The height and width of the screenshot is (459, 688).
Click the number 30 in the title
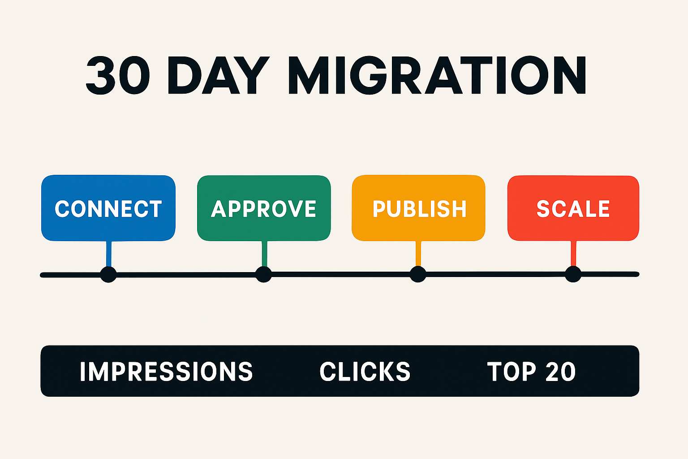tap(117, 75)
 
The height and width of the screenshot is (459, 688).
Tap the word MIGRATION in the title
tap(437, 75)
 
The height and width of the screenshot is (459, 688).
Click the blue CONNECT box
tap(108, 208)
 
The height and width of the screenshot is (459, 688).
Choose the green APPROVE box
tap(264, 208)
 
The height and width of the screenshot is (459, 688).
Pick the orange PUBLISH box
tap(419, 208)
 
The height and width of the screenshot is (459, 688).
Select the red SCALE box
tap(573, 208)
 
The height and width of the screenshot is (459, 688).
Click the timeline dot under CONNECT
tap(108, 274)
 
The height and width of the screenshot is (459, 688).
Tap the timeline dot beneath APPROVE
tap(263, 274)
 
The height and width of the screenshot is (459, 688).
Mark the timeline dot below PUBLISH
tap(418, 274)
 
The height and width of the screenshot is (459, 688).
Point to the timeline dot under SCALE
tap(573, 274)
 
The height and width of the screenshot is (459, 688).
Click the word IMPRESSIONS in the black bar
tap(166, 372)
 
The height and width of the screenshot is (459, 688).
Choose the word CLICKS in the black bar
tap(365, 372)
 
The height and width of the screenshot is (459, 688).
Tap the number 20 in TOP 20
tap(560, 372)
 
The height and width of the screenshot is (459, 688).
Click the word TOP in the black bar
tap(511, 372)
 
